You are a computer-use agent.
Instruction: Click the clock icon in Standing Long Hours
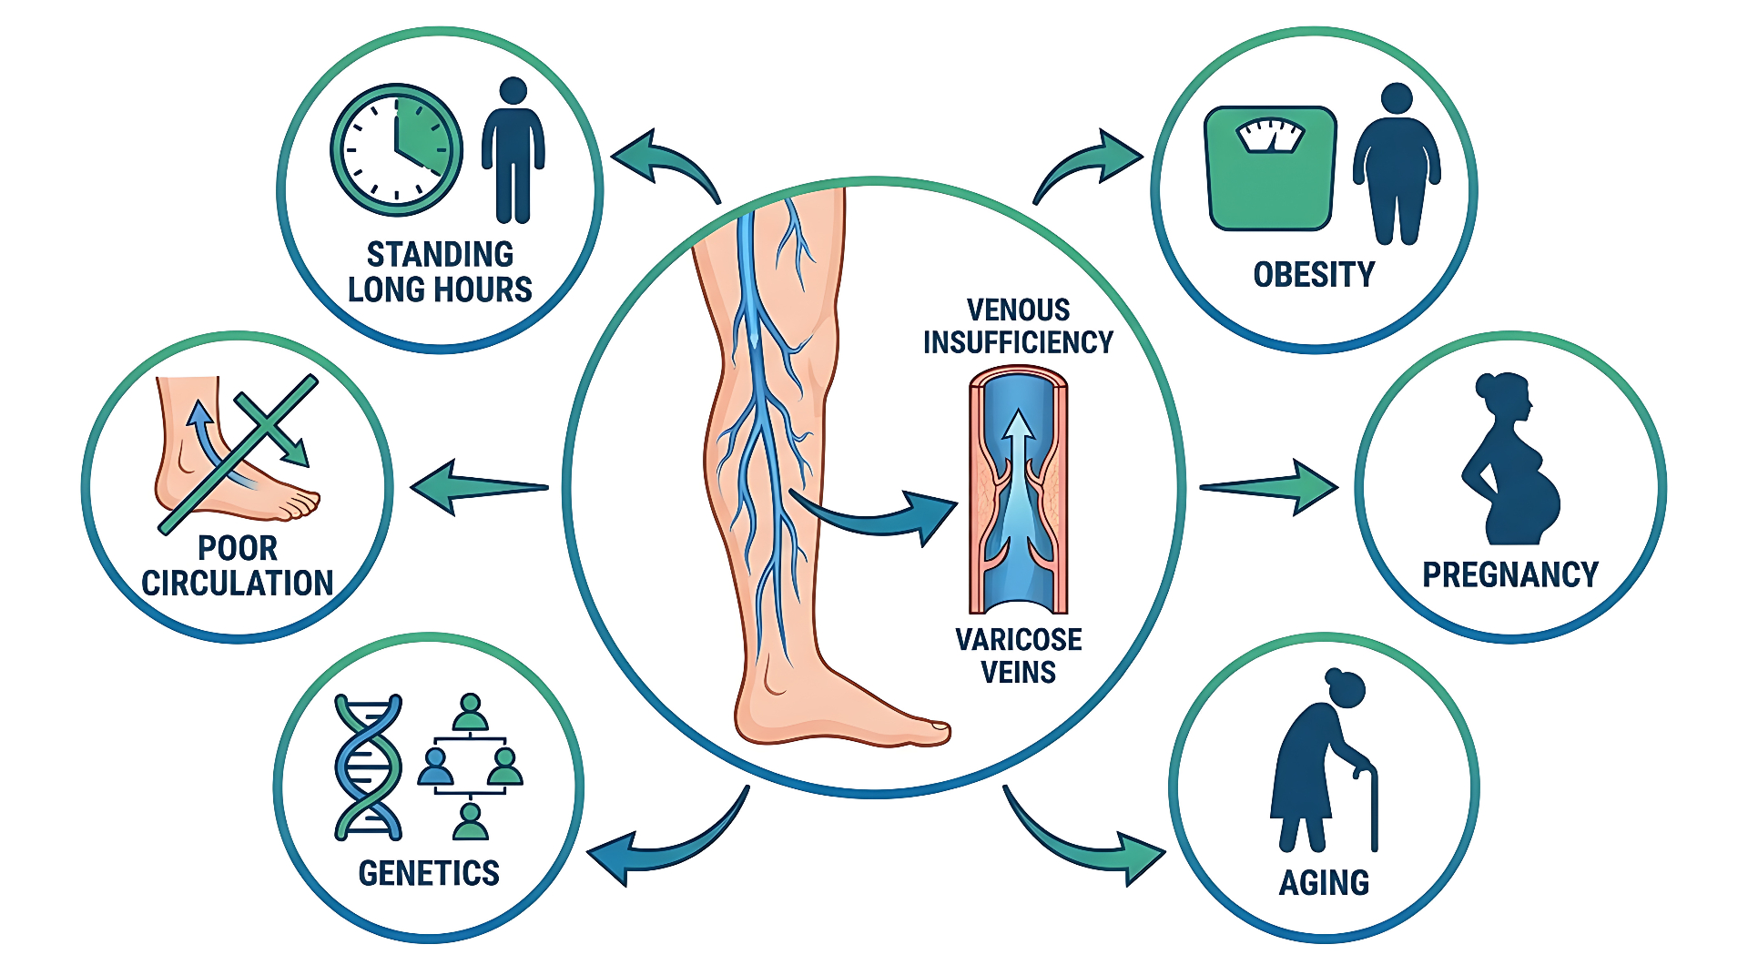tap(396, 150)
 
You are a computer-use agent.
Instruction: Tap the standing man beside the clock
tap(513, 150)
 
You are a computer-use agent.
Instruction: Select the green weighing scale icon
tap(1270, 168)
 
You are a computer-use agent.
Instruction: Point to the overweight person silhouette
tap(1397, 164)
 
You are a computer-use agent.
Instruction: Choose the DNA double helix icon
tap(369, 767)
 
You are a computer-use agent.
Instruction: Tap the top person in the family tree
tap(470, 712)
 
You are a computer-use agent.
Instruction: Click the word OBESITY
tap(1314, 274)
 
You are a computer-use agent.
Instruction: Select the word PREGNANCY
tap(1510, 574)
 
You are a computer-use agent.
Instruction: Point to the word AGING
tap(1324, 882)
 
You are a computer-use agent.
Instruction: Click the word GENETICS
tap(429, 873)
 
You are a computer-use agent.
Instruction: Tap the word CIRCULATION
tap(238, 583)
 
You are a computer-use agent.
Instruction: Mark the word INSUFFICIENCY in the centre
tap(1018, 342)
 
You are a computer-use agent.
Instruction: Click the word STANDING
tap(440, 254)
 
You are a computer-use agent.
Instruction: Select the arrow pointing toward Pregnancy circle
tap(1269, 488)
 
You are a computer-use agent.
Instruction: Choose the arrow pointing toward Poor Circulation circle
tap(480, 488)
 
